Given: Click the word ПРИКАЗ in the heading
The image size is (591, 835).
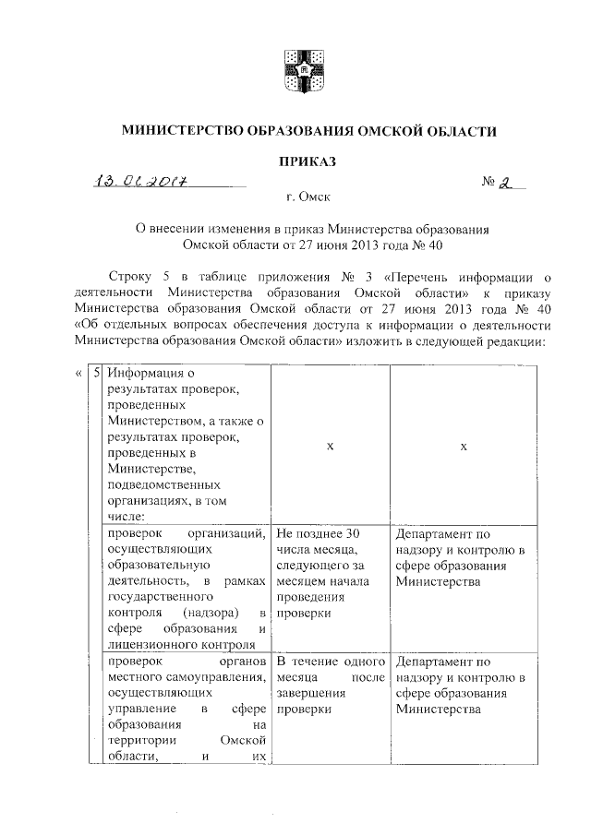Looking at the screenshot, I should [x=308, y=161].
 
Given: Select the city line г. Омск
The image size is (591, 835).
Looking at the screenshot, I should [x=308, y=197].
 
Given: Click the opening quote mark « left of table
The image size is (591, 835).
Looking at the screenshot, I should [x=76, y=373].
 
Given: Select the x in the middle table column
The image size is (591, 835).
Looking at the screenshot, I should [x=330, y=447].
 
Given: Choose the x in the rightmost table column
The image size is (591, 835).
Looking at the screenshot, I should [x=464, y=447].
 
